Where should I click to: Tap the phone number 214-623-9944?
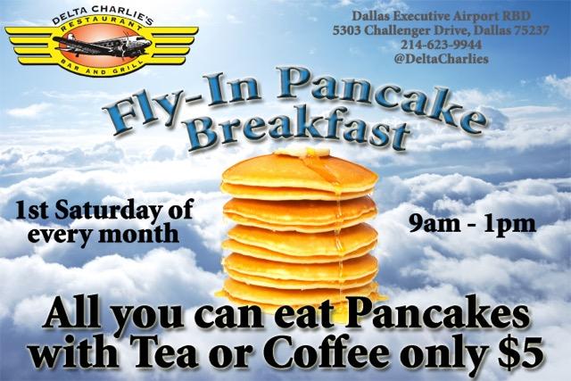click(x=441, y=45)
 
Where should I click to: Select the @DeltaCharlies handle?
click(x=441, y=59)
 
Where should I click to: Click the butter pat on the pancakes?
click(x=302, y=151)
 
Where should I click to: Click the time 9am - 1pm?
click(x=472, y=224)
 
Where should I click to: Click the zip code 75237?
click(x=532, y=30)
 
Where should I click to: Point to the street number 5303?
click(x=347, y=30)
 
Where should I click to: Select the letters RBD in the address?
click(x=517, y=16)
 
